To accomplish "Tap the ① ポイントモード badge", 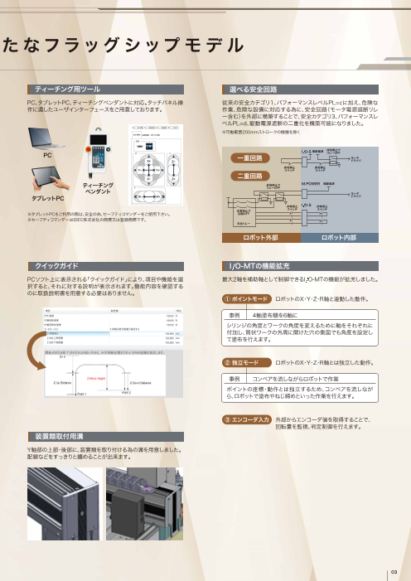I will (x=246, y=298).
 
